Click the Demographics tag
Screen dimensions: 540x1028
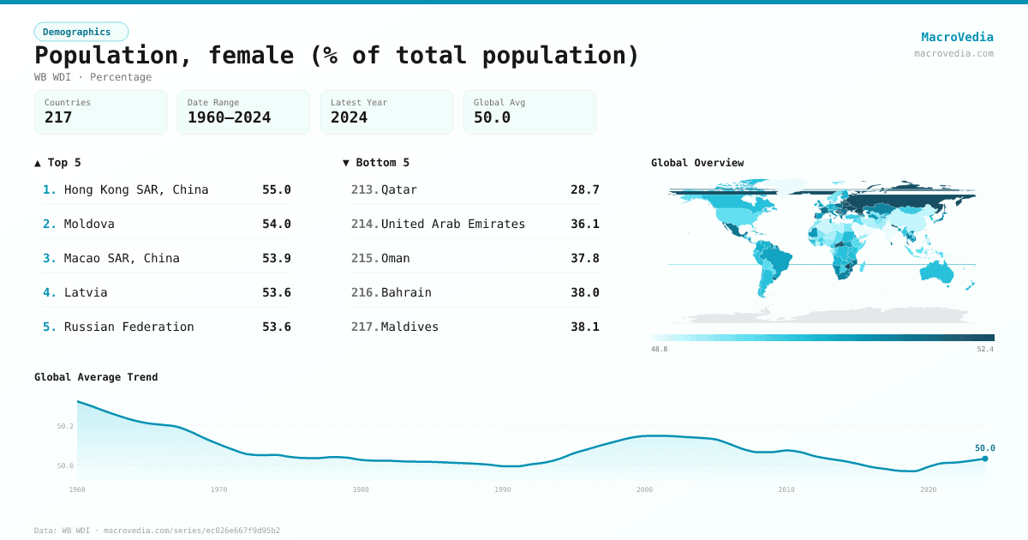[81, 32]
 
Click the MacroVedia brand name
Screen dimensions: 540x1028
[957, 37]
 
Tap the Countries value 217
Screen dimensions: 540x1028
[58, 117]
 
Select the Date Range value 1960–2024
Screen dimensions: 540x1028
[229, 117]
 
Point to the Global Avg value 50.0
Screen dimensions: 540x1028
[492, 117]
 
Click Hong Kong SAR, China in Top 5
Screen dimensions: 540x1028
[136, 189]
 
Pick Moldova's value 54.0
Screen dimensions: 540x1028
[276, 224]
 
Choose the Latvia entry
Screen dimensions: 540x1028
[86, 292]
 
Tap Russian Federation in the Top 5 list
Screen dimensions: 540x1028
[128, 327]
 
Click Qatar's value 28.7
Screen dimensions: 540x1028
[584, 189]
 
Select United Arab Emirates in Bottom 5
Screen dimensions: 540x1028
[452, 224]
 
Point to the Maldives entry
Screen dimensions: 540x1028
[409, 327]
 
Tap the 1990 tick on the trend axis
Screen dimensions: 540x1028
[503, 489]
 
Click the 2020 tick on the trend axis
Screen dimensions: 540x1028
[928, 489]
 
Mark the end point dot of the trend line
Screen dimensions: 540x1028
[984, 459]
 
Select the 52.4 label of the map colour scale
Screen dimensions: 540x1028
[985, 349]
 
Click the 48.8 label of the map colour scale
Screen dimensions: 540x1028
[659, 349]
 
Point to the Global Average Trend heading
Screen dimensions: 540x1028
[96, 377]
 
